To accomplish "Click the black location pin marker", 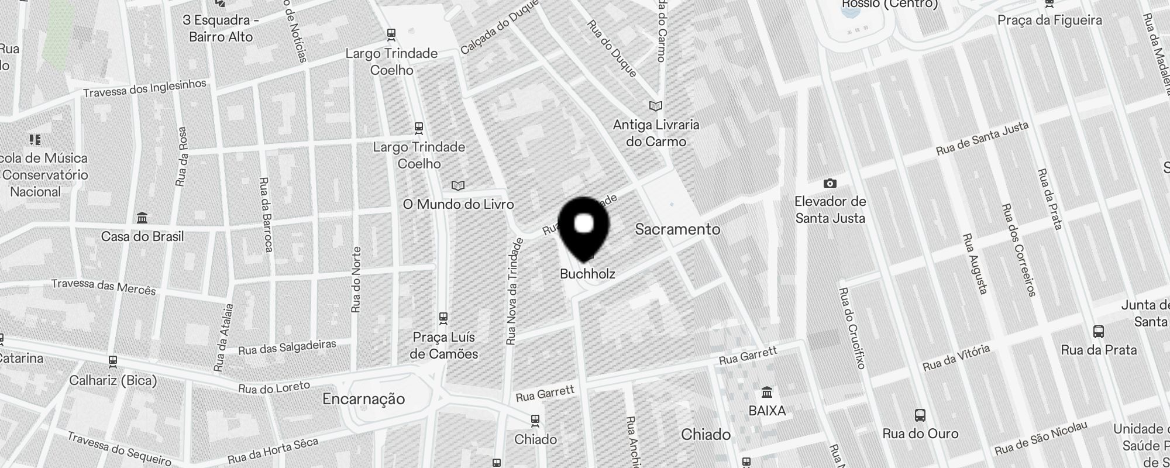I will tap(584, 227).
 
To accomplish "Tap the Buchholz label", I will tap(587, 274).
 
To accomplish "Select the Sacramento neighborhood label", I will tap(677, 229).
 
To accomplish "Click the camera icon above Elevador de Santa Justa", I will tap(830, 184).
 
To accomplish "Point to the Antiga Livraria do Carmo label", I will tap(656, 133).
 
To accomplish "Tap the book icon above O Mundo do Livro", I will tap(458, 186).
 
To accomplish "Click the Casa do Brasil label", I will tap(142, 236).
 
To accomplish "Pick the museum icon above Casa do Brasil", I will tap(142, 218).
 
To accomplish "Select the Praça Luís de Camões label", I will tap(444, 345).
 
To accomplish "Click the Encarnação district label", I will tap(363, 399).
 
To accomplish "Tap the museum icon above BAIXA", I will tap(767, 392).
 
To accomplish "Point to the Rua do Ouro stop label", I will tap(920, 433).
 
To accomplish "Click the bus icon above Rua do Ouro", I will tap(920, 416).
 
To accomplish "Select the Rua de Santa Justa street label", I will tap(982, 139).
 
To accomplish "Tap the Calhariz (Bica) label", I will tap(113, 381).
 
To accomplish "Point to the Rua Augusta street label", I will tap(975, 263).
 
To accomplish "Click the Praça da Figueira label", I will tap(1049, 20).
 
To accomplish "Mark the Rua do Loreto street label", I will tap(274, 387).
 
